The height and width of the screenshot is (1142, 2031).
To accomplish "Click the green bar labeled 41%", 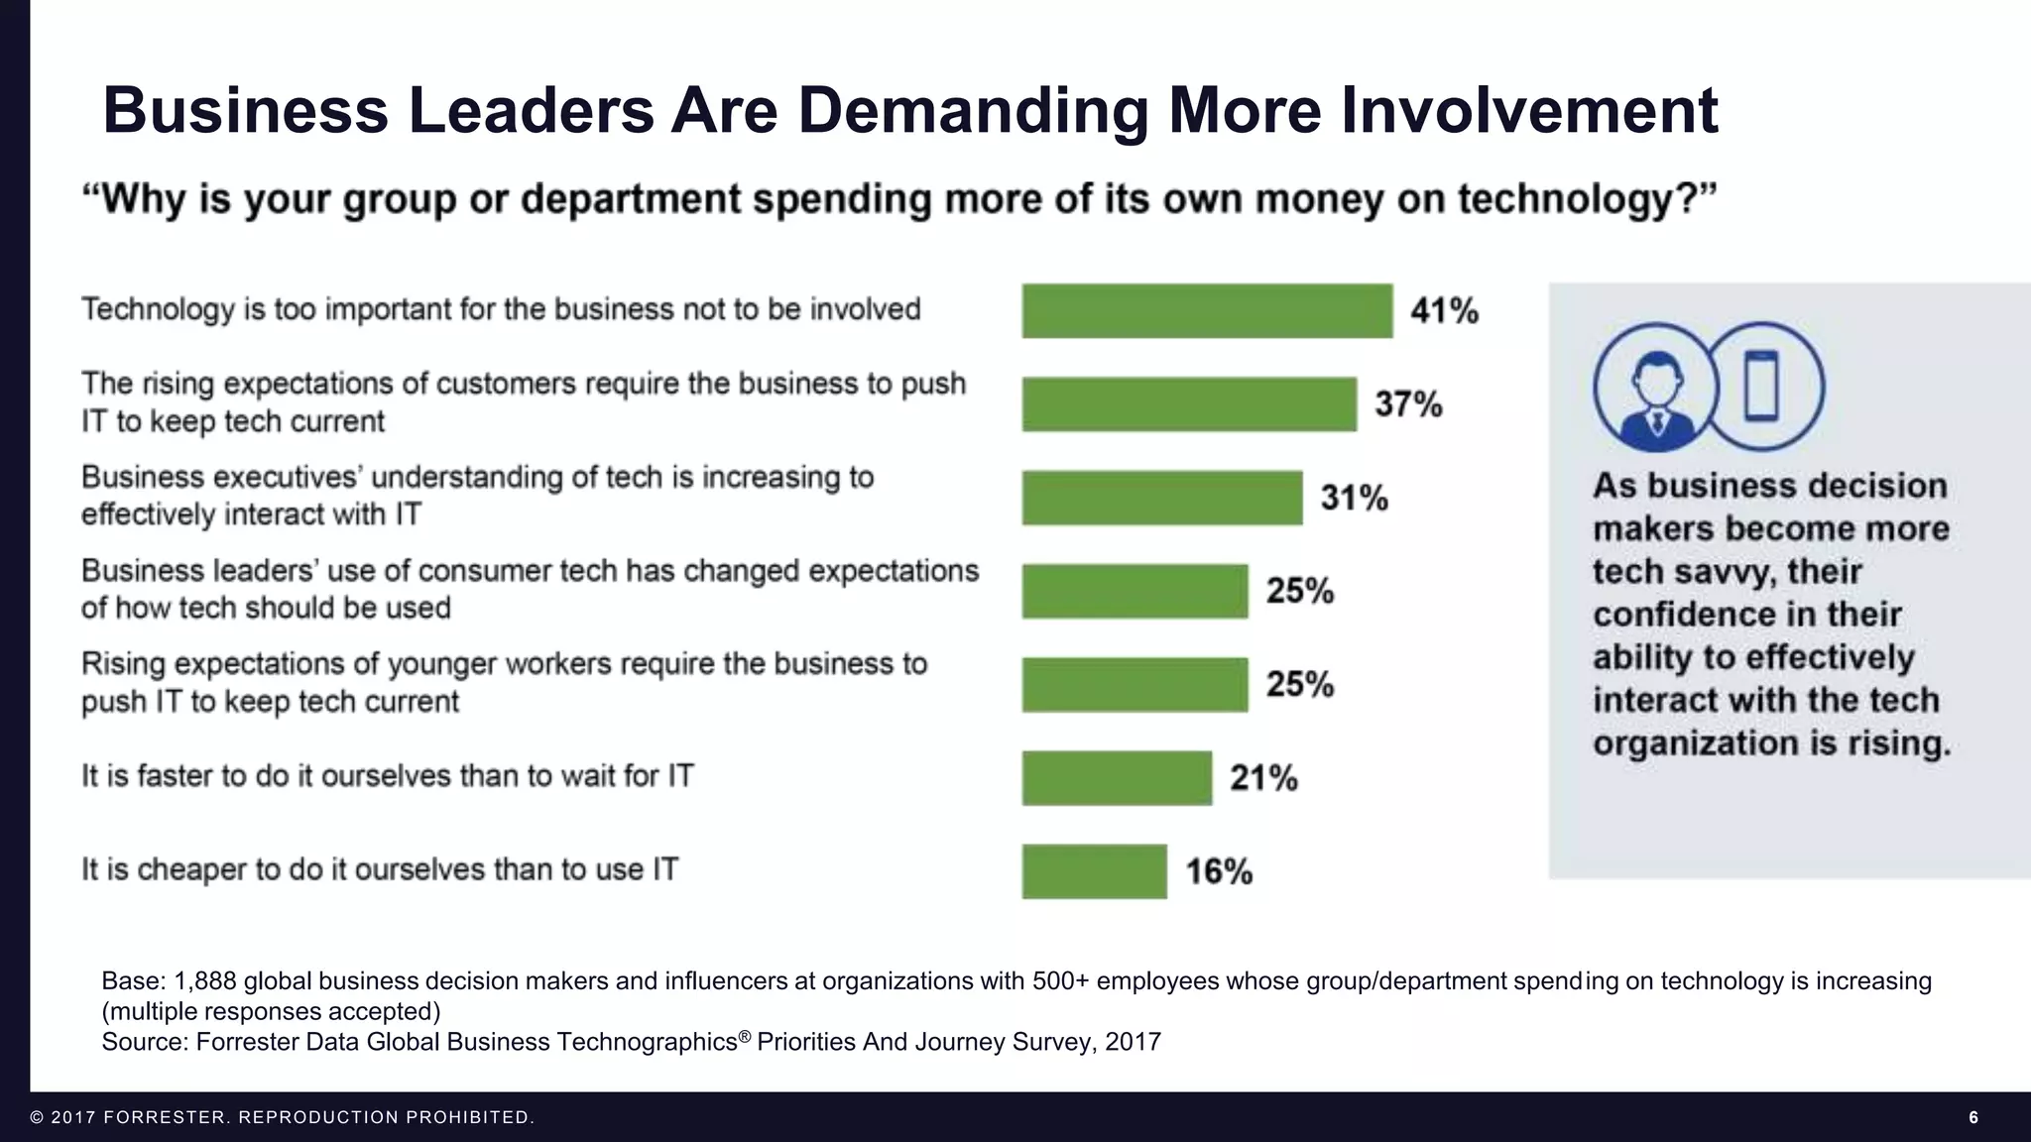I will point(1207,310).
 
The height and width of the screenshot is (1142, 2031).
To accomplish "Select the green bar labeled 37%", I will point(1189,403).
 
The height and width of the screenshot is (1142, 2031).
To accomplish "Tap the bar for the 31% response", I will point(1162,497).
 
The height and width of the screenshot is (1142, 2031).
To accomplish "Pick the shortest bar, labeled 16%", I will point(1094,871).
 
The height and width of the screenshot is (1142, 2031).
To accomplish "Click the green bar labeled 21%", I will point(1117,777).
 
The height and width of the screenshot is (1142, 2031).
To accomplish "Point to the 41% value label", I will point(1444,311).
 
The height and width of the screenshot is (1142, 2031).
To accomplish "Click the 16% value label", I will point(1219,871).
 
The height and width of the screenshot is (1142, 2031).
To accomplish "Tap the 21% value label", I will point(1263,778).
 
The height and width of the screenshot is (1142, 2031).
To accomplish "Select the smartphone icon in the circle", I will point(1761,387).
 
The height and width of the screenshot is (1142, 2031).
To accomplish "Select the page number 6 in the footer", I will point(1972,1117).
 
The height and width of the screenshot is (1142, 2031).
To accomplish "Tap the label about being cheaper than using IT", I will point(380,869).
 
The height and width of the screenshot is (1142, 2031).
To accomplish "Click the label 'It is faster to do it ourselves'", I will point(388,775).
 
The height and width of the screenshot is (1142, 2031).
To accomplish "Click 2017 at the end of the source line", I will point(1133,1042).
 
